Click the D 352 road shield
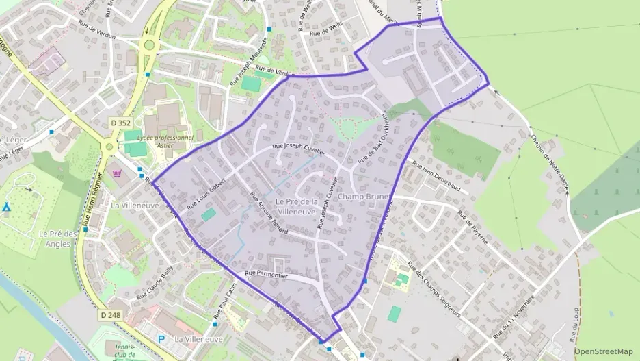[120, 123]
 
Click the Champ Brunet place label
[363, 197]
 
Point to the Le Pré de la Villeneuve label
[297, 206]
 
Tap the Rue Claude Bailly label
[155, 285]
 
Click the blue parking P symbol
[161, 338]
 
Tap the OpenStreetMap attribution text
[604, 351]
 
